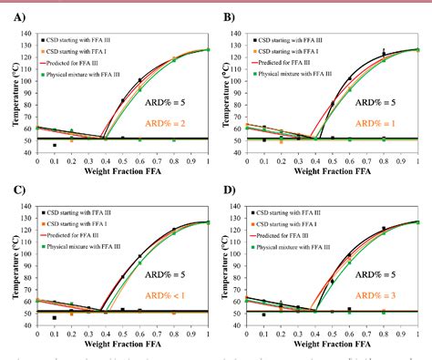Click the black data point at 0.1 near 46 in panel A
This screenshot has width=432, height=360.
pyautogui.click(x=55, y=145)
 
